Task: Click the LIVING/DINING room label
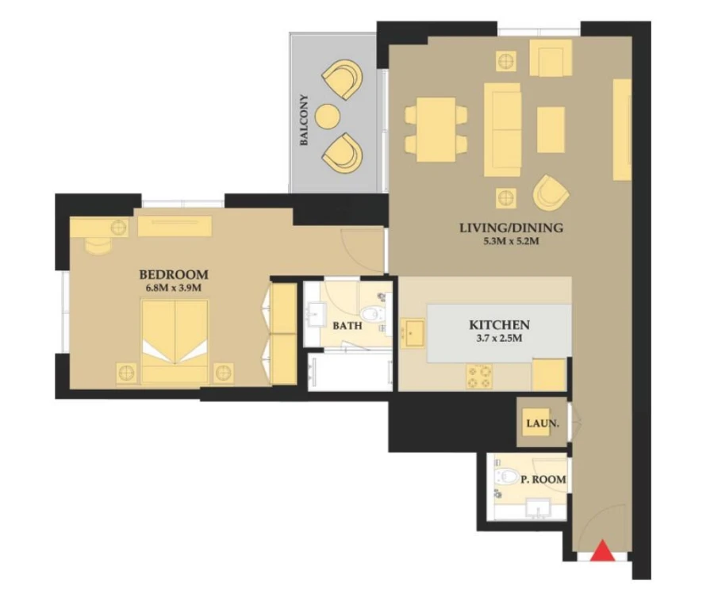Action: pyautogui.click(x=511, y=228)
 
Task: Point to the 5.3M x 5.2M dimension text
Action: pyautogui.click(x=511, y=242)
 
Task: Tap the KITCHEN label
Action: pyautogui.click(x=499, y=325)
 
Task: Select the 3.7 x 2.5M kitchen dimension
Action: pyautogui.click(x=499, y=339)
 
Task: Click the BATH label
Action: pyautogui.click(x=347, y=326)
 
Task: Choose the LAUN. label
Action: pyautogui.click(x=543, y=423)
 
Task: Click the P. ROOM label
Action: pyautogui.click(x=543, y=479)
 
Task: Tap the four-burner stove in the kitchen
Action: pyautogui.click(x=479, y=376)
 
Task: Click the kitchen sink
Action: pyautogui.click(x=414, y=333)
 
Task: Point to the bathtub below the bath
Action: pyautogui.click(x=350, y=372)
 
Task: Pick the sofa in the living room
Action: pyautogui.click(x=502, y=129)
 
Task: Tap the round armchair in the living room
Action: pyautogui.click(x=551, y=192)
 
